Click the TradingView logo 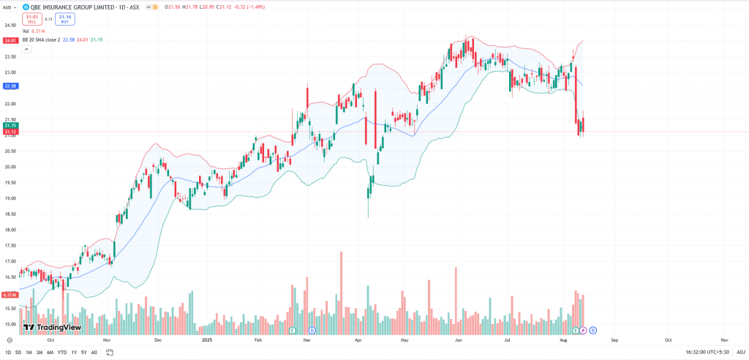coord(51,327)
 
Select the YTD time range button coord(61,353)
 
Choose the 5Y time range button coord(83,353)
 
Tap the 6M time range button coord(50,353)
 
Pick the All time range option coord(94,353)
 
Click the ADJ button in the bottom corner coord(740,353)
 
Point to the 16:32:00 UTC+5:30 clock coord(706,353)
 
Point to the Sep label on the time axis coord(614,340)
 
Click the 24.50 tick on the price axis coord(10,25)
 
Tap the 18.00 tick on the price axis coord(10,230)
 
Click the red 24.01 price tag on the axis coord(10,41)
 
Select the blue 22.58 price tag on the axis coord(10,86)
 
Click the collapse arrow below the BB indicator coord(27,49)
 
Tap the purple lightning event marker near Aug coord(583,331)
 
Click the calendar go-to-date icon coord(109,353)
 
